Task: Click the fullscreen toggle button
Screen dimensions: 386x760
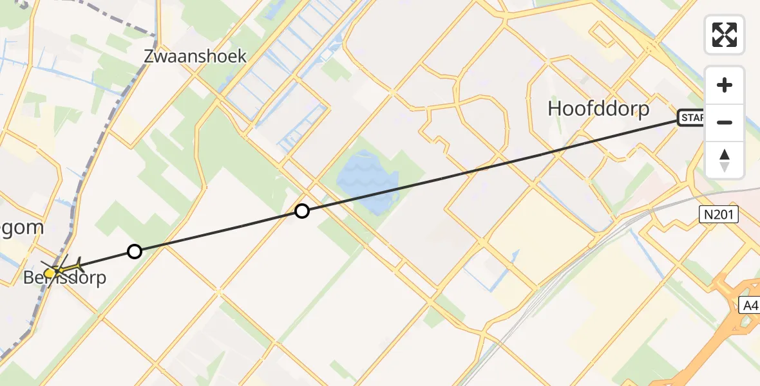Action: [x=725, y=34]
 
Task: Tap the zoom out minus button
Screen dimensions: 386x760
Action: [x=725, y=122]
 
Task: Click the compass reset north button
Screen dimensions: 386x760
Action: [x=725, y=160]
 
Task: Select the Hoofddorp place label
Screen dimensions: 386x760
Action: [x=598, y=109]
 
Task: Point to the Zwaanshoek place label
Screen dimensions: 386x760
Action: [x=195, y=56]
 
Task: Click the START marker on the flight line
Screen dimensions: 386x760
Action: [x=691, y=118]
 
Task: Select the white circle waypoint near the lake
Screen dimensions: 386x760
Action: [x=301, y=210]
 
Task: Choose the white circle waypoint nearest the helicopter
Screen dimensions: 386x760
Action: [x=134, y=252]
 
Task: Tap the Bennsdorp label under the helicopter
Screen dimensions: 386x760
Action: [x=64, y=279]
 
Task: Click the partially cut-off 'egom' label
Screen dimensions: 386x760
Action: [x=23, y=227]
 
